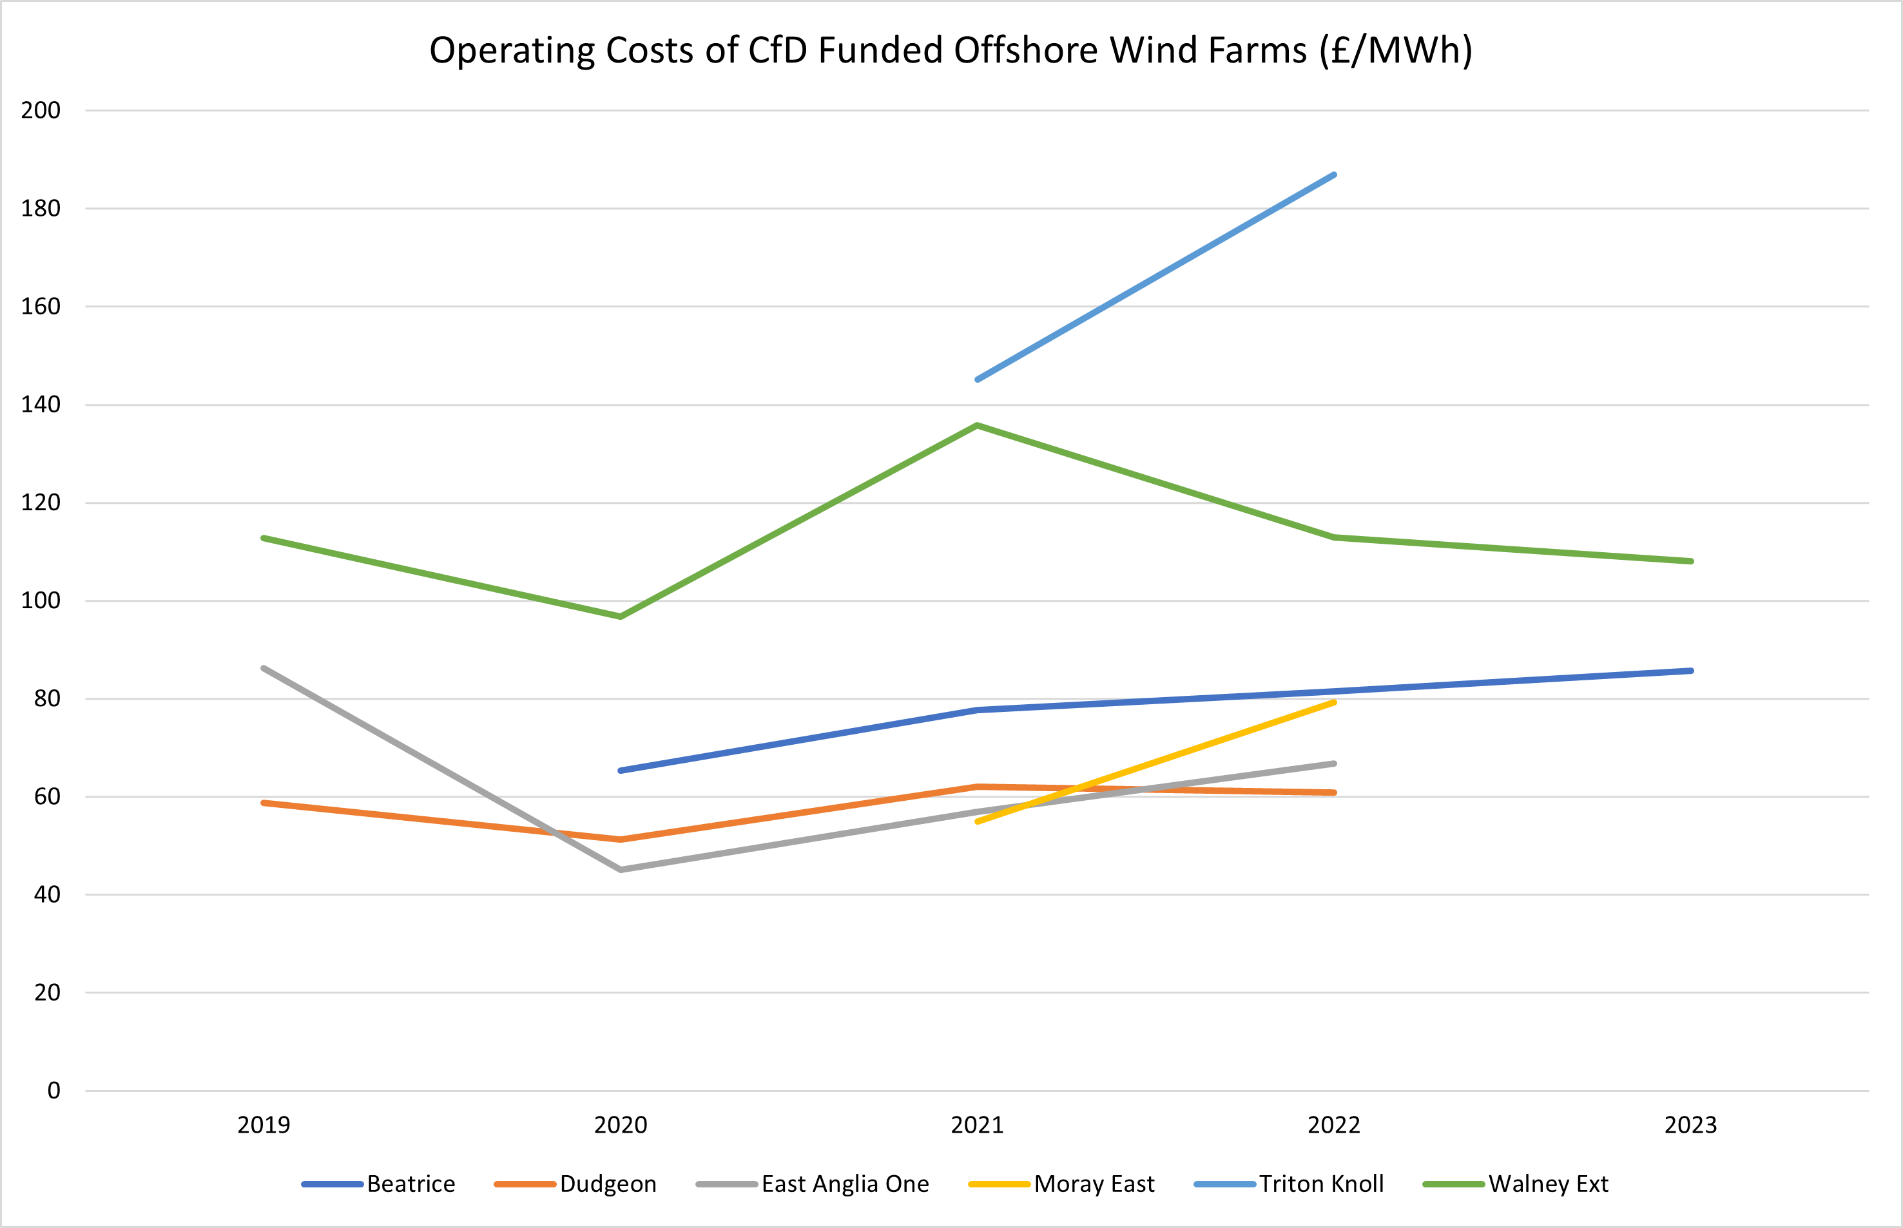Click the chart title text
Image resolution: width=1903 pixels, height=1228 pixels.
point(951,50)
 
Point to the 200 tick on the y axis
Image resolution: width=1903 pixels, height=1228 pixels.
point(41,110)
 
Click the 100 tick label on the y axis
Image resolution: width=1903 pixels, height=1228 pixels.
point(41,600)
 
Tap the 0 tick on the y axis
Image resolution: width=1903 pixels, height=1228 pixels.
point(53,1091)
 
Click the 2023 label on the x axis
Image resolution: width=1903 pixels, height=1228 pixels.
point(1690,1125)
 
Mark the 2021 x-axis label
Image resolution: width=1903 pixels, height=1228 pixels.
point(977,1125)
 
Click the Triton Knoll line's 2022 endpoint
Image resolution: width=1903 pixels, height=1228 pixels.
point(1335,175)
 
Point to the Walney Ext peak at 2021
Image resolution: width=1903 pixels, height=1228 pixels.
point(977,426)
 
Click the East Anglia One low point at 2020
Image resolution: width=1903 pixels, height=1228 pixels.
point(621,869)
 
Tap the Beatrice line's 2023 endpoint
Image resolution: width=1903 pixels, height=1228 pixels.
point(1691,671)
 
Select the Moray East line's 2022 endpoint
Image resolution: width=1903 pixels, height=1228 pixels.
point(1335,702)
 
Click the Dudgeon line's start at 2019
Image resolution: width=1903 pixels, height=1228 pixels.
point(264,802)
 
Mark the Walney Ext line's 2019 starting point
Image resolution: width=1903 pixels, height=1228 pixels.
point(264,537)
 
